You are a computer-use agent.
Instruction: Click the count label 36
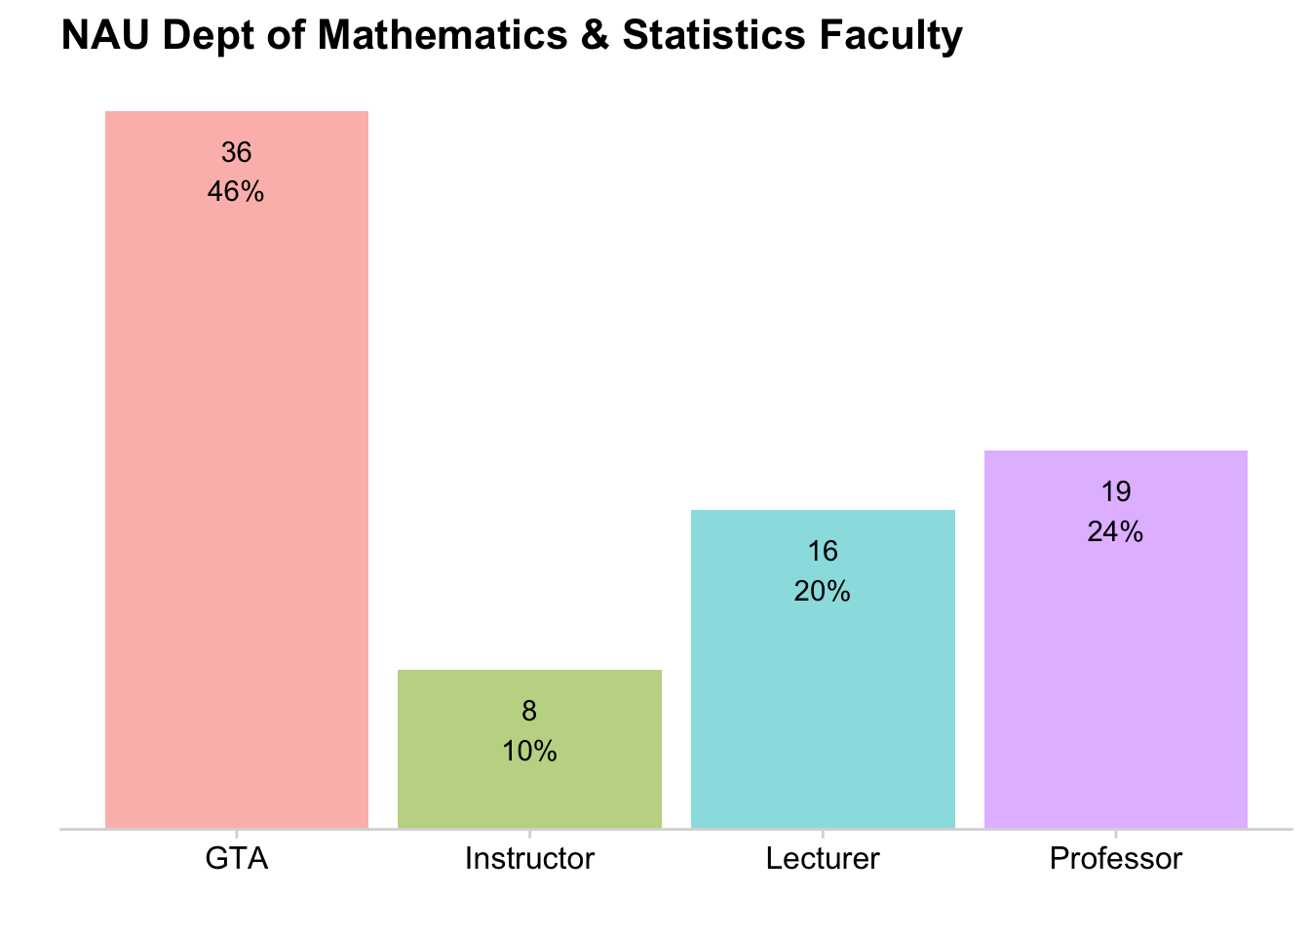[237, 152]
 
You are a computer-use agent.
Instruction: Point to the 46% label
[236, 192]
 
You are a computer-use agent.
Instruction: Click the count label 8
[529, 711]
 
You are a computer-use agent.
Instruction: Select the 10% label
[529, 751]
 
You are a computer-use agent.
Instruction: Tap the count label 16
[823, 551]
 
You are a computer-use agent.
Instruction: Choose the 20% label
[823, 591]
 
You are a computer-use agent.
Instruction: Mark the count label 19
[1116, 491]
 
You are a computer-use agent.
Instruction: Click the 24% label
[1116, 531]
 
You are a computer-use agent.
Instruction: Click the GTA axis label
[237, 859]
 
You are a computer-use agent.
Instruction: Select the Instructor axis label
[529, 859]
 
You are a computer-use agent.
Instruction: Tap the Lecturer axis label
[823, 859]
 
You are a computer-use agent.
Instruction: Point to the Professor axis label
[1116, 859]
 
